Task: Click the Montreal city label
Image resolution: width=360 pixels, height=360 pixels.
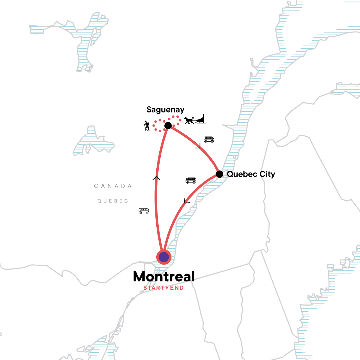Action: coord(164,277)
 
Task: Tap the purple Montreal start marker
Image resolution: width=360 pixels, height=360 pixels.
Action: coord(164,257)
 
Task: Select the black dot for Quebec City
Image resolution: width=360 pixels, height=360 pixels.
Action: coord(220,174)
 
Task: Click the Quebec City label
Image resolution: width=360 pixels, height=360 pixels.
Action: coord(251,174)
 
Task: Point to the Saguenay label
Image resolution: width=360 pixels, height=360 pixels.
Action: coord(165,110)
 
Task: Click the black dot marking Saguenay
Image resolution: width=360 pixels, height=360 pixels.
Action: coord(168,125)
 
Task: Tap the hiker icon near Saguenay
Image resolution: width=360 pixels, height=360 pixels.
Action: coord(146,126)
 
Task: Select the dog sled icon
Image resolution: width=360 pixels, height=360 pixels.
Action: coord(195,120)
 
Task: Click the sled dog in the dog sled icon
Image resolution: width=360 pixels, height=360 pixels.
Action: coord(189,121)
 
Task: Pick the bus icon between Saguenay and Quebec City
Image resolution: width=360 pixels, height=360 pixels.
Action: coord(209,139)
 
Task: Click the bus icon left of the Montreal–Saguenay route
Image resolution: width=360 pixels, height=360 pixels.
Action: coord(144,211)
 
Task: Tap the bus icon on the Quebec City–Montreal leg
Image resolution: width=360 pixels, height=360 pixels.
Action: coord(191,180)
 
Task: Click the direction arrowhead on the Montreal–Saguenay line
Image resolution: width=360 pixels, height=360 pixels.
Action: coord(156,178)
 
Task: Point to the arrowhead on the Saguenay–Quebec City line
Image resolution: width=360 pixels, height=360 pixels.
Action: coord(198,146)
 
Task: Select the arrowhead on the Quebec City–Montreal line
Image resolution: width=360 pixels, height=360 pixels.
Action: coord(186,201)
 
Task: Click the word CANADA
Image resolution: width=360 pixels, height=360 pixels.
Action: coord(113,186)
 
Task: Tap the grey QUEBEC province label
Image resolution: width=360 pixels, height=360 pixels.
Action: coord(113,201)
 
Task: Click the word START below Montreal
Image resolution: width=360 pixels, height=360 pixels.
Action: coord(153,288)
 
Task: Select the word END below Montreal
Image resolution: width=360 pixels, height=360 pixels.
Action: coord(177,288)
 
